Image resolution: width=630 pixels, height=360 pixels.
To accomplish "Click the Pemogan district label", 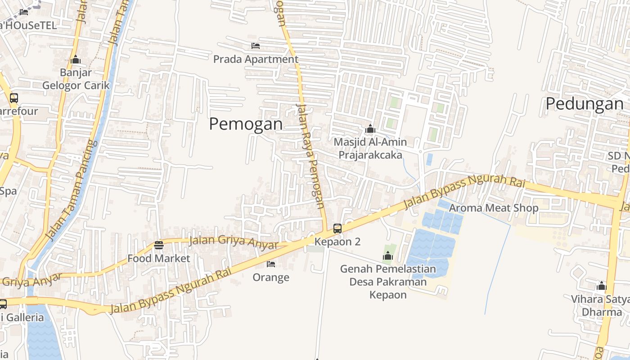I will (246, 124).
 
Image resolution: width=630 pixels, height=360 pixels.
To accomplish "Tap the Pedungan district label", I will (584, 104).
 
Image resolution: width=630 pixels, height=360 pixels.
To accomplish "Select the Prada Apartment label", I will (255, 59).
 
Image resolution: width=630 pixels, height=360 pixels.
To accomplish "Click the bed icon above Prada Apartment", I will (256, 46).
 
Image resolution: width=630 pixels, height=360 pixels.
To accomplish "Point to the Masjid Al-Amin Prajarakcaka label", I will (370, 148).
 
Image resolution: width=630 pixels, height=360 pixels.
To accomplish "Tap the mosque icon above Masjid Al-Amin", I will (370, 129).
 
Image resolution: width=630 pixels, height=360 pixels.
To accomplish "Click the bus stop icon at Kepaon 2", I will (337, 229).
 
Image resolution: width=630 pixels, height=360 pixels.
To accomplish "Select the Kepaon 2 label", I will (337, 242).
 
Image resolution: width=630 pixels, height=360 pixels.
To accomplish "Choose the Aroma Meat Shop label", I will (494, 208).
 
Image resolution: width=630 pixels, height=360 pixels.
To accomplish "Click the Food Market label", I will (159, 258).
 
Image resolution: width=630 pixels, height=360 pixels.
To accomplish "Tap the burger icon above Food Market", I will (159, 245).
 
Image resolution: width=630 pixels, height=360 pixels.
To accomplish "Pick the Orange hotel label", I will (271, 277).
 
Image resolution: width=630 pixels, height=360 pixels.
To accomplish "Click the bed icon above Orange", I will (271, 264).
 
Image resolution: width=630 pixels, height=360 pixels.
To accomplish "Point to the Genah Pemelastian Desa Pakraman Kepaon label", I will (388, 282).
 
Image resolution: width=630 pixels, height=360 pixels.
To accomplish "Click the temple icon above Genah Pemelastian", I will (388, 256).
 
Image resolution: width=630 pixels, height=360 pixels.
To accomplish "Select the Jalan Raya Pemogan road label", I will (311, 156).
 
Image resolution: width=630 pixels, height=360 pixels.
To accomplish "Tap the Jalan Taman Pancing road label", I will (72, 190).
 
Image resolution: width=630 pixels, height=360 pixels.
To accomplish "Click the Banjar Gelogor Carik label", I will (76, 79).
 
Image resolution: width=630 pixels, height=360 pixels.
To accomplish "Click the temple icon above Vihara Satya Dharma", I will (602, 286).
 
